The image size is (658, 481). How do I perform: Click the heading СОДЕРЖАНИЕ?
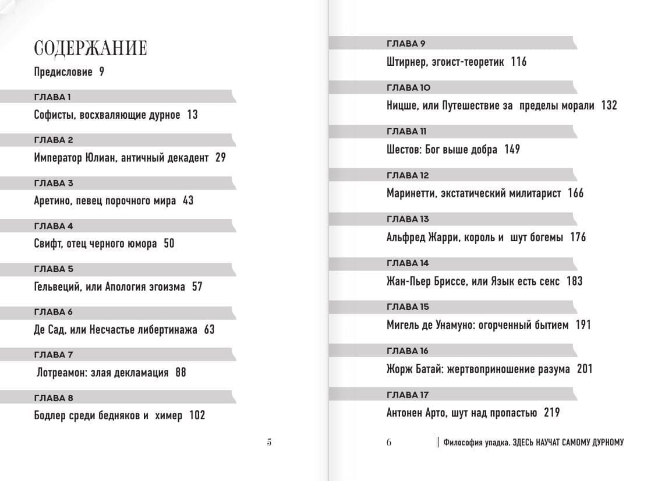point(90,48)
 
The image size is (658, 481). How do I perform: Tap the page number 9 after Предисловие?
point(101,72)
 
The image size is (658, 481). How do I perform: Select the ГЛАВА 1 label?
point(52,97)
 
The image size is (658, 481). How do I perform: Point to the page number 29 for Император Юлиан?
point(220,158)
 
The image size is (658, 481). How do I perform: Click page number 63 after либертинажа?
point(209,330)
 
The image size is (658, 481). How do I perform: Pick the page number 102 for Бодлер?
point(197,416)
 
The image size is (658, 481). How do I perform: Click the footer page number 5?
point(269,442)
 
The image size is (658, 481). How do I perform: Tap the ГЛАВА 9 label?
point(406,44)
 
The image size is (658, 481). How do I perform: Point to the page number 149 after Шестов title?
point(512,150)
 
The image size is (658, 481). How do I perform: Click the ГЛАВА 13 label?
point(408,219)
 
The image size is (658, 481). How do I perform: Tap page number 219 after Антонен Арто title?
point(551,413)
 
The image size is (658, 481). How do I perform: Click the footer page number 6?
point(389,442)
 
